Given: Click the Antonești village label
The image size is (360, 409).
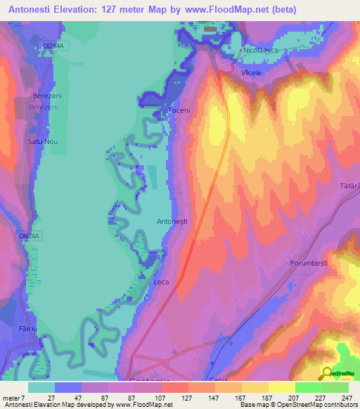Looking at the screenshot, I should pos(172,221).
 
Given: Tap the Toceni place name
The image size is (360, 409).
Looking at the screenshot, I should pos(179,111).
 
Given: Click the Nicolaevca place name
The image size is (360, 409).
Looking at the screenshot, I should pos(262,51).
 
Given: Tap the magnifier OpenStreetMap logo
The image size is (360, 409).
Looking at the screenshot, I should pos(328,373).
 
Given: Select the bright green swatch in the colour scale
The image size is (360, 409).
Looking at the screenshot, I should pos(308,387).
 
